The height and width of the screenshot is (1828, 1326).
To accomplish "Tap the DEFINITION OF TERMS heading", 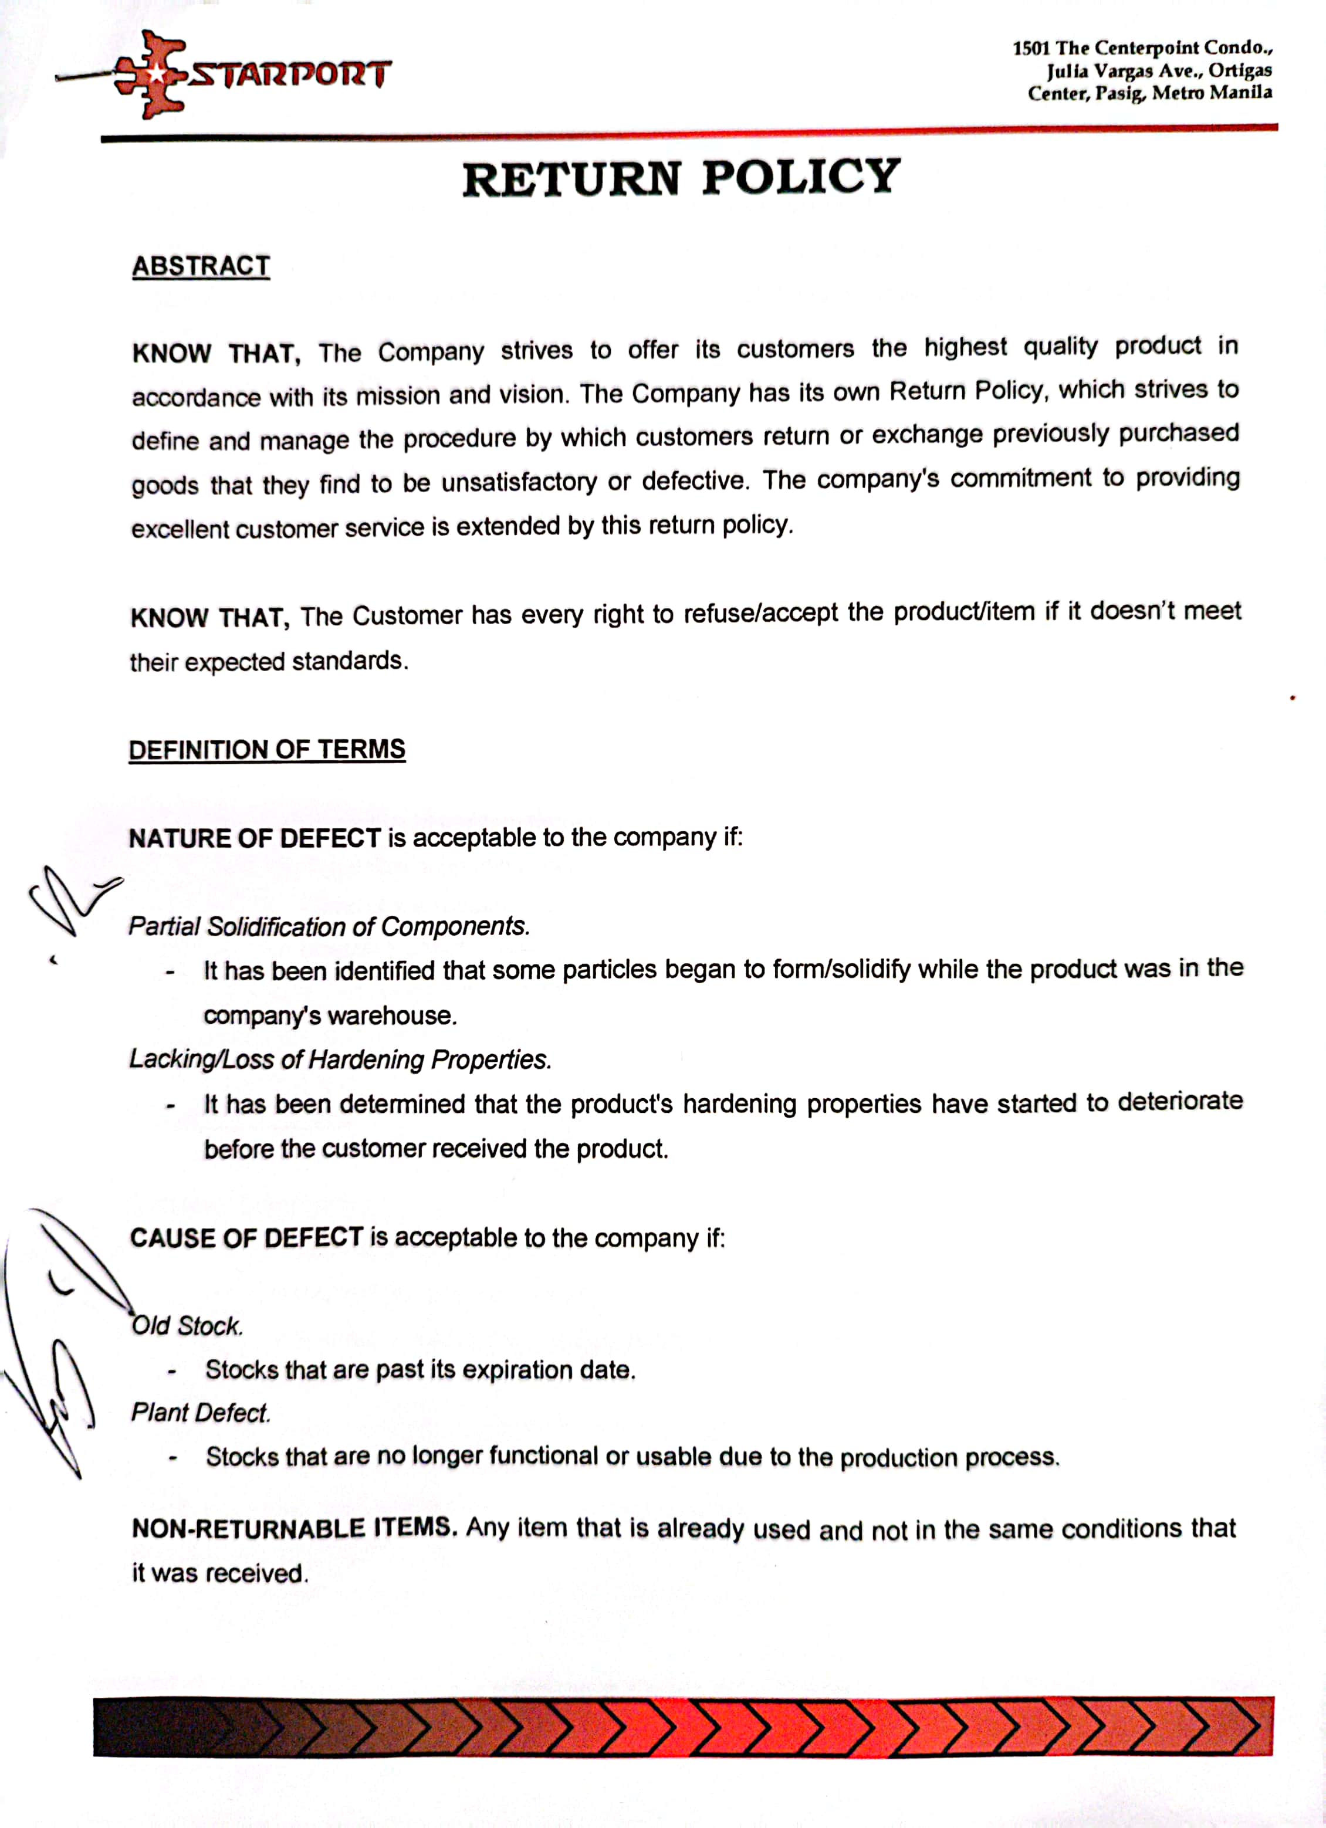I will [x=267, y=750].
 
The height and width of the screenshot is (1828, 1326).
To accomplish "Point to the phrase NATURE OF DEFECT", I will [x=255, y=839].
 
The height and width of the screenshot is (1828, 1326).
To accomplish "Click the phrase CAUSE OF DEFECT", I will [x=246, y=1238].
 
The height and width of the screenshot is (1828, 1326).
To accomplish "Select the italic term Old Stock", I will [x=187, y=1326].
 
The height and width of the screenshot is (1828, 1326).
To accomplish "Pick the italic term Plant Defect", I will [x=201, y=1413].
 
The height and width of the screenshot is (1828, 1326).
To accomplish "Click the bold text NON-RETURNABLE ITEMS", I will [x=294, y=1528].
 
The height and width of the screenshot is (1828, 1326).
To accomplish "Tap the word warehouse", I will [x=392, y=1015].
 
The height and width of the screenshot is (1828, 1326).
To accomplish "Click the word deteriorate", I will [x=1179, y=1102].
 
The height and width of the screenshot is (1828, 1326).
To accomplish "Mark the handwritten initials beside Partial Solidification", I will [x=71, y=899].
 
